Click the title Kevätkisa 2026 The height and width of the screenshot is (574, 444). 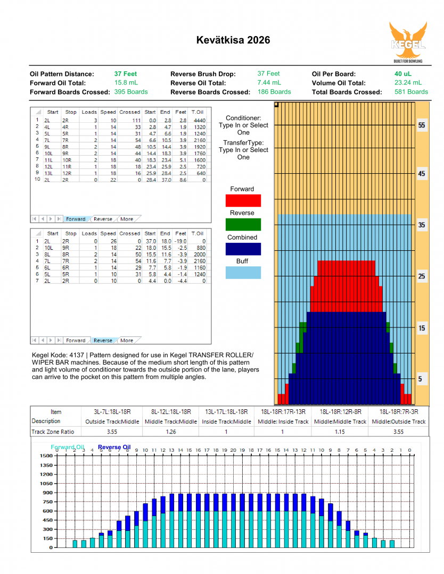point(233,40)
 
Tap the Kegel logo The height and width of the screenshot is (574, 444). point(408,42)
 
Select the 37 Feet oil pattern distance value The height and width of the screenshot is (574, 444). point(125,74)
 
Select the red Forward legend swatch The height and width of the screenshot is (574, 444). point(243,200)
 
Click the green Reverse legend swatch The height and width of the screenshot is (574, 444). point(243,224)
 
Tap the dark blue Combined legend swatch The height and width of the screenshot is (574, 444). point(243,249)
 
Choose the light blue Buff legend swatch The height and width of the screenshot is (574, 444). point(243,273)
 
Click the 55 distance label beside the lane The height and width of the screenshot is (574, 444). point(422,125)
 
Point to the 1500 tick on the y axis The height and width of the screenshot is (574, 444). point(45,456)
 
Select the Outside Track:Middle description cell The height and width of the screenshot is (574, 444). point(112,421)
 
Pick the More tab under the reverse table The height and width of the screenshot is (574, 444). point(127,340)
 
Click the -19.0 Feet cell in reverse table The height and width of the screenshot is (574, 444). point(181,241)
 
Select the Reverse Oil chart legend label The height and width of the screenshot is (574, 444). point(114,448)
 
